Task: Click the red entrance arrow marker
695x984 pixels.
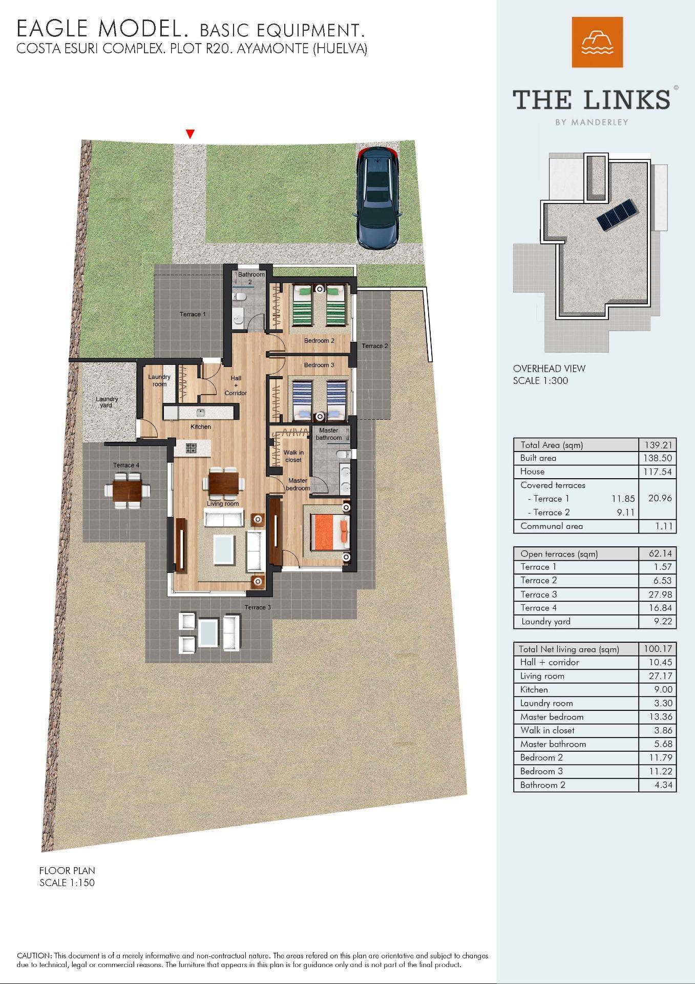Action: (190, 134)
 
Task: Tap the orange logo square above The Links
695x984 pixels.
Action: (597, 42)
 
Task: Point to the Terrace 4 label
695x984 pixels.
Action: (126, 465)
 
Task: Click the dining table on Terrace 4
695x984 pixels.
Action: (128, 490)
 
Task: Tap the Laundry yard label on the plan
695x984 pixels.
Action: (107, 402)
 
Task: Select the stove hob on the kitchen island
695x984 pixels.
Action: (191, 448)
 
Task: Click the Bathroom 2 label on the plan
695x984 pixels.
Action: (251, 278)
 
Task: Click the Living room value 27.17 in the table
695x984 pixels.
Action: (660, 676)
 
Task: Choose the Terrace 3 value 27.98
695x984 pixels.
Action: (660, 594)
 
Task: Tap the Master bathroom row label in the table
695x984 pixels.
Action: (553, 744)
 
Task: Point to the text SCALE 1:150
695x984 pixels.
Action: (67, 883)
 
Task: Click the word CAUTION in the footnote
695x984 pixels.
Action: (34, 956)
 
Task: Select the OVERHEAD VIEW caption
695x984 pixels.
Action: (549, 368)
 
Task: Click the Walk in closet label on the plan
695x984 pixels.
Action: (293, 456)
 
